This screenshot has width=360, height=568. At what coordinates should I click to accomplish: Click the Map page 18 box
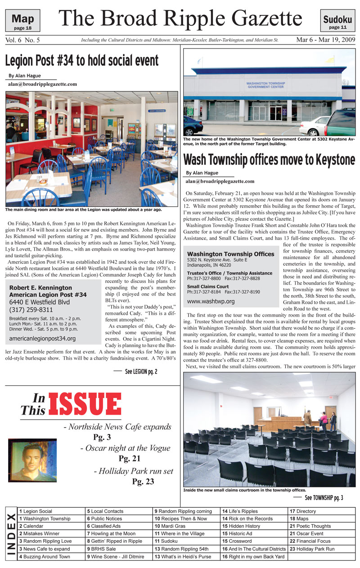click(x=22, y=21)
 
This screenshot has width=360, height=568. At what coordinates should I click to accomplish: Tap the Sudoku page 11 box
click(x=337, y=21)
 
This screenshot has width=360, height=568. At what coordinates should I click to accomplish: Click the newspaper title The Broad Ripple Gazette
click(x=180, y=19)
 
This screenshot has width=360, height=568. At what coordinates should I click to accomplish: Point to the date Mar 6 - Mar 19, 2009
click(x=325, y=40)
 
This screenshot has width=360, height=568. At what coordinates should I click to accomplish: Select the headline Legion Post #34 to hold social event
click(x=82, y=60)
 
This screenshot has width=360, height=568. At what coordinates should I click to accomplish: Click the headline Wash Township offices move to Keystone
click(x=269, y=160)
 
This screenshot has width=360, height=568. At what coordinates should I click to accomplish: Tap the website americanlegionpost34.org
click(x=42, y=339)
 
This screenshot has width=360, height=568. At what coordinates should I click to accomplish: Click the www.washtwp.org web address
click(x=211, y=301)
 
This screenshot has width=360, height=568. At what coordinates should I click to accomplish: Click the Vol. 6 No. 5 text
click(x=23, y=40)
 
